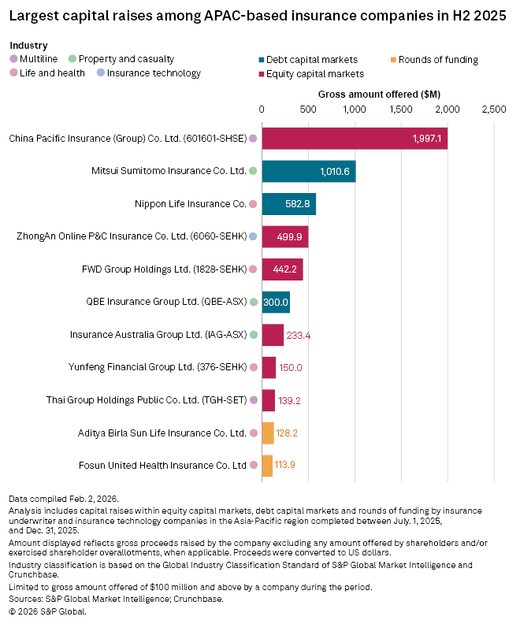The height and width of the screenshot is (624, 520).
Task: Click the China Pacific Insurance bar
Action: (x=355, y=138)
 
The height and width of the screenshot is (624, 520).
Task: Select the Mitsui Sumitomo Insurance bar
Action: (x=308, y=171)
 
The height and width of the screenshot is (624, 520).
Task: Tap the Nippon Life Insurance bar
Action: (x=288, y=204)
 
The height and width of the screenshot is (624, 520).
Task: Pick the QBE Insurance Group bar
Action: (x=276, y=302)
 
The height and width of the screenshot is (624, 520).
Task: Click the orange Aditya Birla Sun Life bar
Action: (x=268, y=433)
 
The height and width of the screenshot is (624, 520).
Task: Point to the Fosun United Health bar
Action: (x=267, y=466)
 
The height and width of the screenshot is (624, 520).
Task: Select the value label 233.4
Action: (x=299, y=335)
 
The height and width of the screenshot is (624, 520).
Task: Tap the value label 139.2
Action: (x=290, y=400)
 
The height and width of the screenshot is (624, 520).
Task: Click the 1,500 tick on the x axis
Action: (x=401, y=109)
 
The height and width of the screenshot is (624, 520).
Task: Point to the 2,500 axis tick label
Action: (x=494, y=109)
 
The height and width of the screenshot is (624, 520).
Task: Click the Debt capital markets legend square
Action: (x=262, y=60)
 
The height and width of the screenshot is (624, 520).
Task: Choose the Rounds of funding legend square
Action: (x=393, y=60)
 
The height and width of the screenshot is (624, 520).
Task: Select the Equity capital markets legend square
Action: (x=262, y=74)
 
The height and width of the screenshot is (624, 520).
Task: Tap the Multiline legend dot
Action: (x=13, y=59)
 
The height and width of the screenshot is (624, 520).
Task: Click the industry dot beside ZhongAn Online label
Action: (x=253, y=236)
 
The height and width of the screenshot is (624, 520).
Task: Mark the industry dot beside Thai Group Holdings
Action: (x=253, y=400)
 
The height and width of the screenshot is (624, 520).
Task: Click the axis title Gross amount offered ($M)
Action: (x=379, y=94)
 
